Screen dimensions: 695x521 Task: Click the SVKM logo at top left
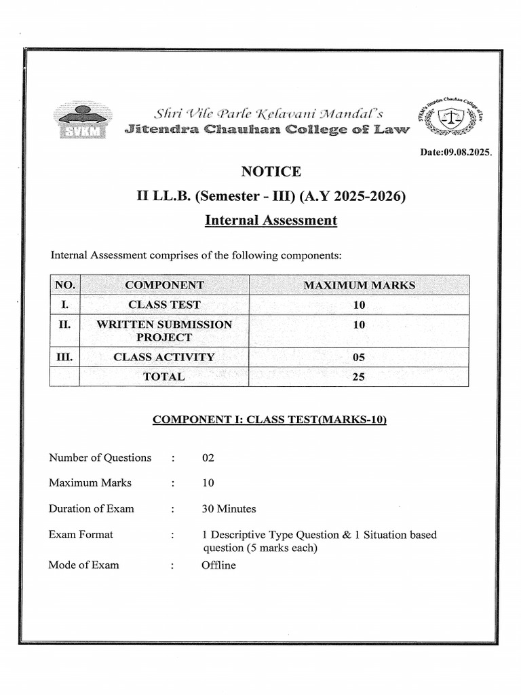coord(82,121)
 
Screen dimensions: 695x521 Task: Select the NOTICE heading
coord(270,172)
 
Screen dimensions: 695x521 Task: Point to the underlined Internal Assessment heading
coord(270,221)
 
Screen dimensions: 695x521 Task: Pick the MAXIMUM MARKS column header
coord(359,285)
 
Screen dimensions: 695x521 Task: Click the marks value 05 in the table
coord(359,357)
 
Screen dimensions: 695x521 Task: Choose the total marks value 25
coord(359,377)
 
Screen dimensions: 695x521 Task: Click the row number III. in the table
coord(64,357)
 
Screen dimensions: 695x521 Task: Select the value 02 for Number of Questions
coord(208,457)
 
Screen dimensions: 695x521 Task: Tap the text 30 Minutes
coord(229,508)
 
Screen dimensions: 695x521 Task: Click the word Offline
coord(218,565)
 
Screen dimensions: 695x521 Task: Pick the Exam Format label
coord(81,534)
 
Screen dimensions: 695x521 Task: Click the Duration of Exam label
coord(91,508)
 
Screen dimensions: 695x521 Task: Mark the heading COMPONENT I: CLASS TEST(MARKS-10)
coord(269,419)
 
